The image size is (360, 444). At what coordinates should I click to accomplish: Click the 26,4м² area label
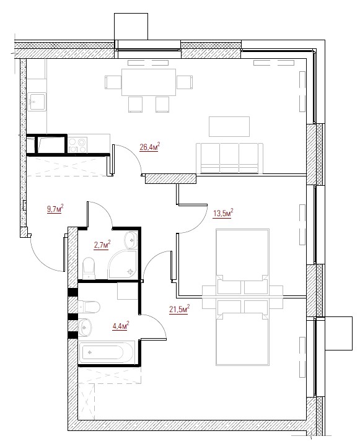click(x=149, y=147)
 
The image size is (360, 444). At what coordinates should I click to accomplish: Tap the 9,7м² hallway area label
click(x=55, y=209)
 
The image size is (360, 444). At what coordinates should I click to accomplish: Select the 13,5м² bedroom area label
click(x=223, y=212)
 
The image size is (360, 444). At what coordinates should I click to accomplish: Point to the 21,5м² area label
click(x=179, y=309)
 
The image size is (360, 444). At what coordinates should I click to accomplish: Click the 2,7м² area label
click(x=102, y=245)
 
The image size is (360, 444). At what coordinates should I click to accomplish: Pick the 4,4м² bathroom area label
click(x=121, y=326)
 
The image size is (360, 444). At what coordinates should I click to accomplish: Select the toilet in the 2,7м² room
click(x=89, y=268)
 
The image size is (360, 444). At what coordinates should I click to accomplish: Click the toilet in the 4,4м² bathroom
click(x=89, y=307)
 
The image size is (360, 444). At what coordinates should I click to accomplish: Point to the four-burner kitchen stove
click(x=77, y=145)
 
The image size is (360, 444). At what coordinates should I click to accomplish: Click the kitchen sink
click(x=37, y=102)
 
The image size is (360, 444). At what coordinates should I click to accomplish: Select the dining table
click(x=149, y=82)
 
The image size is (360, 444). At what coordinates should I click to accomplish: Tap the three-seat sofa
click(x=229, y=158)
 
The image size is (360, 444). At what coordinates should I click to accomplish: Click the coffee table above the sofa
click(x=229, y=126)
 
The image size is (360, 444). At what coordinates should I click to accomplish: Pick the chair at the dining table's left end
click(x=113, y=82)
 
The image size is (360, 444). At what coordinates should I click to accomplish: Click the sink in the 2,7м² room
click(x=131, y=240)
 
